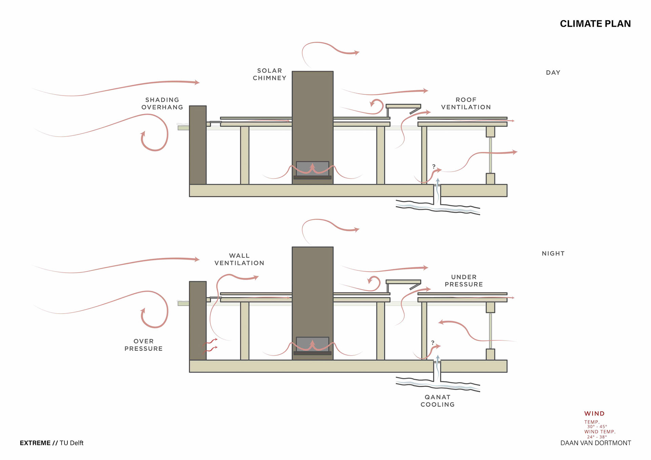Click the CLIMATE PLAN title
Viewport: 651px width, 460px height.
[x=595, y=24]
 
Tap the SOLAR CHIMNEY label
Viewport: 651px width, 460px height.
[x=270, y=74]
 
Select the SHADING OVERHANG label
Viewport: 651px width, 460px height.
[x=162, y=103]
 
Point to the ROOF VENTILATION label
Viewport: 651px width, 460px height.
[x=466, y=103]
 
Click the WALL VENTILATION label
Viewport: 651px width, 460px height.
[x=239, y=259]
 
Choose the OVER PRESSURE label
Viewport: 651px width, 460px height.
[x=143, y=345]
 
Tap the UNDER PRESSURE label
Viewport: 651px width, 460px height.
[x=463, y=281]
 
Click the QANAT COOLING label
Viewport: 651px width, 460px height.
[x=437, y=401]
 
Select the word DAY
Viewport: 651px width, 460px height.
[x=553, y=73]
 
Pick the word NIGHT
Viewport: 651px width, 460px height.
[x=553, y=254]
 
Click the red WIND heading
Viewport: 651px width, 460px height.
[x=594, y=414]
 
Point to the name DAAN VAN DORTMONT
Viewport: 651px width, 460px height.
[x=595, y=443]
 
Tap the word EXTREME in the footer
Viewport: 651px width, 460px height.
[x=35, y=443]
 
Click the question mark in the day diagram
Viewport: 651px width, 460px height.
[x=434, y=166]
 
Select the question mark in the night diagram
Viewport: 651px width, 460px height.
[x=433, y=343]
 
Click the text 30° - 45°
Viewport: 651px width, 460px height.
[x=597, y=427]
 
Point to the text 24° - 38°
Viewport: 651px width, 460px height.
[x=597, y=437]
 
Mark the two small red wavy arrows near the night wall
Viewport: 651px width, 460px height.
[x=211, y=345]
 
